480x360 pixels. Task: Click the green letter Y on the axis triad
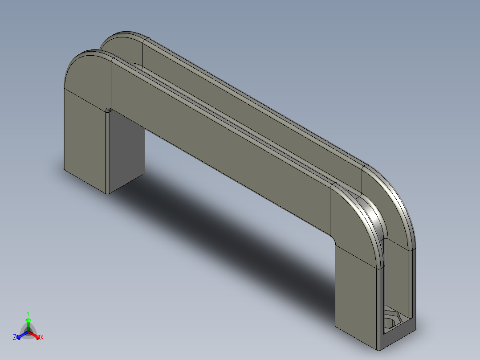point(28,313)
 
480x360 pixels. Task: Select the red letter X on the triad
point(41,338)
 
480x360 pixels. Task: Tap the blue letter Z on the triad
point(15,338)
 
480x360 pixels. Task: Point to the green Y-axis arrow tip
point(28,320)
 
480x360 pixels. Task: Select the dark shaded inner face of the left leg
point(126,151)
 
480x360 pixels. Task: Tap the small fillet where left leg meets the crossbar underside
point(108,110)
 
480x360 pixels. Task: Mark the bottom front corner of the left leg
point(107,192)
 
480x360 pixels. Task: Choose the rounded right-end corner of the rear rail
point(396,196)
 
